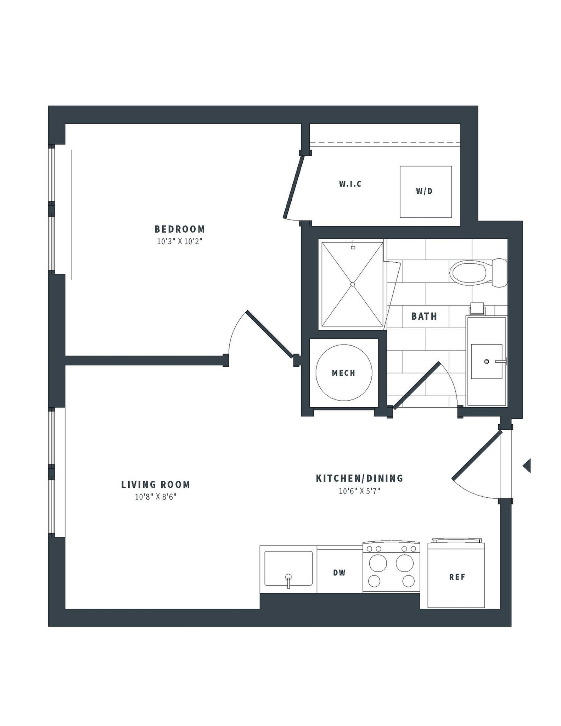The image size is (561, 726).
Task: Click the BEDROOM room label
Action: coord(179,229)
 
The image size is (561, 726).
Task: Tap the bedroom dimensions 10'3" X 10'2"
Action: coord(179,242)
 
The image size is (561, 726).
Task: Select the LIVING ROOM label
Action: coord(156,485)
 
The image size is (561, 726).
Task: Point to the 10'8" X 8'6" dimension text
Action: coord(156,497)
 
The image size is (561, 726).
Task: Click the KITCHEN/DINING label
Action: coord(359,478)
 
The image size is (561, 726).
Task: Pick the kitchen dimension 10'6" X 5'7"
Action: coord(359,491)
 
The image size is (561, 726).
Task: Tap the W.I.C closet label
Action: coord(350,184)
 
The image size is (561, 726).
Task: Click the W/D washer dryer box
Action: coord(425,192)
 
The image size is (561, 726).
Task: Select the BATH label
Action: coord(424,316)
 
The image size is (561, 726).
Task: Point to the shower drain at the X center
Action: coord(352,284)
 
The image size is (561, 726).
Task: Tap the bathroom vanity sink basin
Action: coord(486,361)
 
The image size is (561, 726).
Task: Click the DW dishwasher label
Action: coord(339,573)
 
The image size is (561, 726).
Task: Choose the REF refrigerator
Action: coord(456,577)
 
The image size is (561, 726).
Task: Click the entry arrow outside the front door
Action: coord(527,465)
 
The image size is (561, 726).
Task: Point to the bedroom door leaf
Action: coord(269,334)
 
